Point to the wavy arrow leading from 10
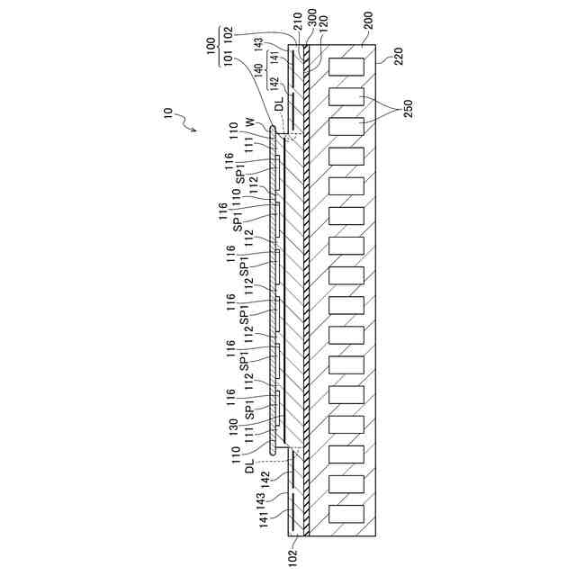(x=188, y=123)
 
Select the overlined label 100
(x=211, y=42)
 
